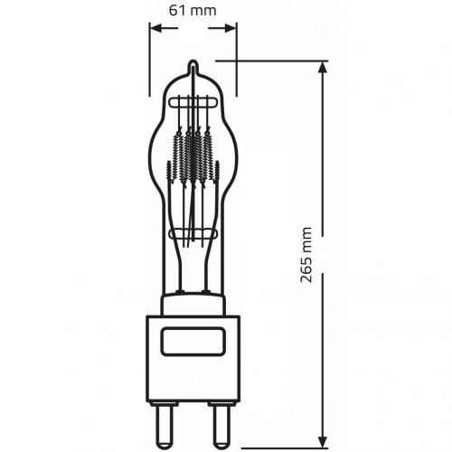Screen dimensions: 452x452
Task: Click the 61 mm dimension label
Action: pyautogui.click(x=193, y=11)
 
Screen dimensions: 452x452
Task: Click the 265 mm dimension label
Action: pyautogui.click(x=306, y=255)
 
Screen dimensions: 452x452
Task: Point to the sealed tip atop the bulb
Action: pyautogui.click(x=193, y=66)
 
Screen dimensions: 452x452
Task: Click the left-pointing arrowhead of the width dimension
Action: pyautogui.click(x=155, y=29)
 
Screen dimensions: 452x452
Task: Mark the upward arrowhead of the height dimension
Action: pyautogui.click(x=323, y=68)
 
